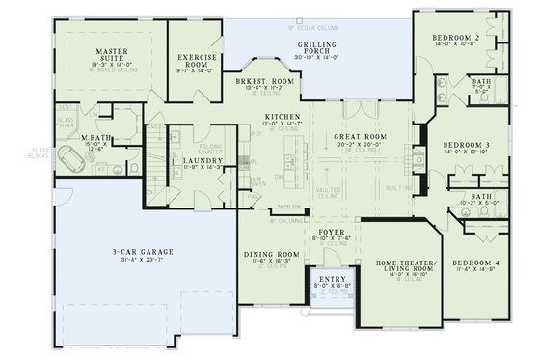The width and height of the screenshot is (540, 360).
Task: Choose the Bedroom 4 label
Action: [476, 263]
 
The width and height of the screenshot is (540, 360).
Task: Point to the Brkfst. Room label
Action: [264, 83]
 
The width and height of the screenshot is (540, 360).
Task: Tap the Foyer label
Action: [331, 233]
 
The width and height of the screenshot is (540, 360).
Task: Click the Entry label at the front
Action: [332, 281]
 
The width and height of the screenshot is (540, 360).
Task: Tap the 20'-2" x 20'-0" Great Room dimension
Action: [360, 146]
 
